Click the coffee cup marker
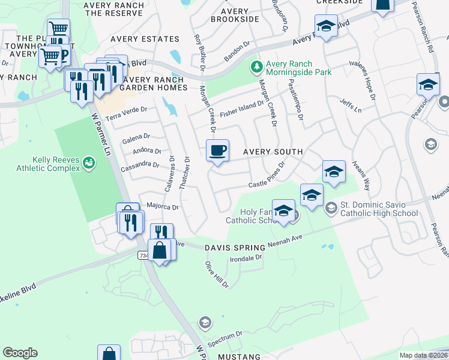click(x=217, y=150)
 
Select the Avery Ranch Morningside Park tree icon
click(x=256, y=65)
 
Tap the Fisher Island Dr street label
click(x=242, y=109)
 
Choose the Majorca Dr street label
click(x=163, y=206)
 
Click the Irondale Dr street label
click(x=247, y=259)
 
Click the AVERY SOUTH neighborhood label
click(x=273, y=152)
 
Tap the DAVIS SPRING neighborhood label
click(x=235, y=248)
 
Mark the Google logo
click(x=20, y=353)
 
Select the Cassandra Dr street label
click(x=139, y=164)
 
